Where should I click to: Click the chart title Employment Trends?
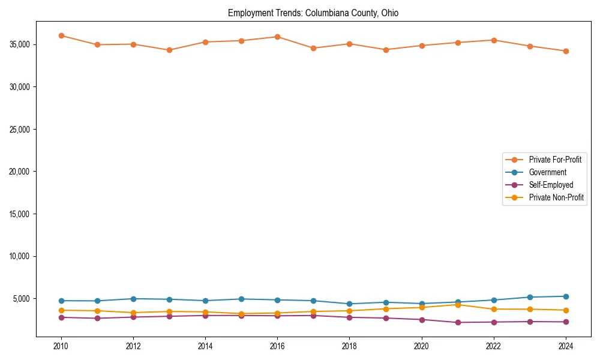point(313,13)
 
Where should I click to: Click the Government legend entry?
point(547,172)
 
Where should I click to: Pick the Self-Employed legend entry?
point(551,185)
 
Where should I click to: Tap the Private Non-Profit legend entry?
point(556,197)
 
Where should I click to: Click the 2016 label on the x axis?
point(277,346)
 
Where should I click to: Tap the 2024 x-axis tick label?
point(566,346)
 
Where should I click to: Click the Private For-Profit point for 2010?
point(61,35)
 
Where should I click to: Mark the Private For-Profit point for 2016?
point(277,37)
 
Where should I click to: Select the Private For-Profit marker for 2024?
point(566,51)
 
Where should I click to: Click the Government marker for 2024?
point(566,296)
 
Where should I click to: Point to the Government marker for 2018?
point(349,304)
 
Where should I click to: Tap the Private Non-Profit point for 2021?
point(458,305)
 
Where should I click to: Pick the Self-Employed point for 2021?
point(458,322)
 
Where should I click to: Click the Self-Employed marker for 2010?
point(61,317)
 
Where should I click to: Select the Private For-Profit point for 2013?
point(169,50)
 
